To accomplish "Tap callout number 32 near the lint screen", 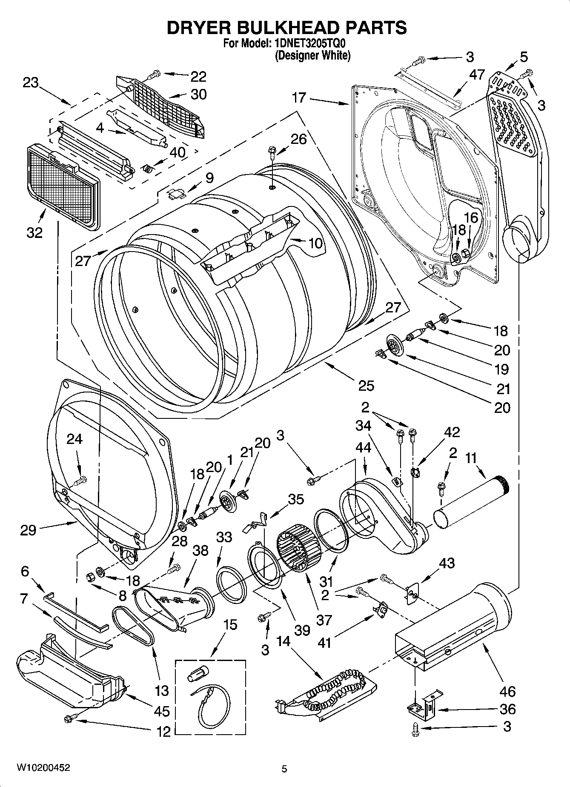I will [x=35, y=233].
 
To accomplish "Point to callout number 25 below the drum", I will [x=366, y=386].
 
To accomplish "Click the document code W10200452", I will [x=43, y=768].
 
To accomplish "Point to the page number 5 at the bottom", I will [x=284, y=769].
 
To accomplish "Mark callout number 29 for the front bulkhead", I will [x=28, y=530].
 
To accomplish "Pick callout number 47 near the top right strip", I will [x=477, y=75].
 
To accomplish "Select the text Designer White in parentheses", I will [x=312, y=55].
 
